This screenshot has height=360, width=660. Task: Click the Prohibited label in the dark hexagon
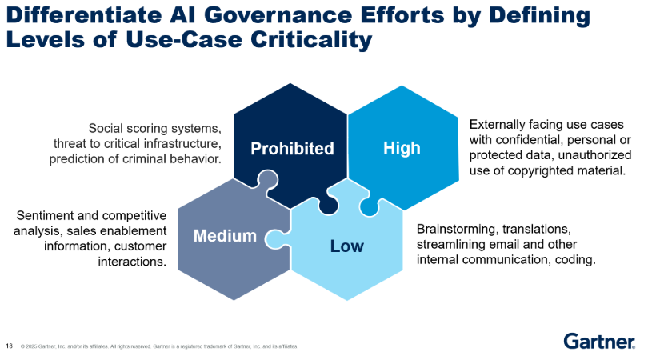(x=292, y=148)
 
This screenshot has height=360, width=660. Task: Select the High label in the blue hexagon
(x=402, y=148)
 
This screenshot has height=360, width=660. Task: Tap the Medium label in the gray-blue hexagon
(x=225, y=235)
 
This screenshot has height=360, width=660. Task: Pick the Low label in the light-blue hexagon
(x=346, y=246)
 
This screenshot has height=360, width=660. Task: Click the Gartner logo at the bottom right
(x=599, y=342)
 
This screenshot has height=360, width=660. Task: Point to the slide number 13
(x=10, y=346)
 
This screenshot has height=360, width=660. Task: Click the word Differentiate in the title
(x=79, y=15)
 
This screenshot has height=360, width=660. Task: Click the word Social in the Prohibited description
(x=108, y=128)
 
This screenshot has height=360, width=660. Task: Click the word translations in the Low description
(x=543, y=229)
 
